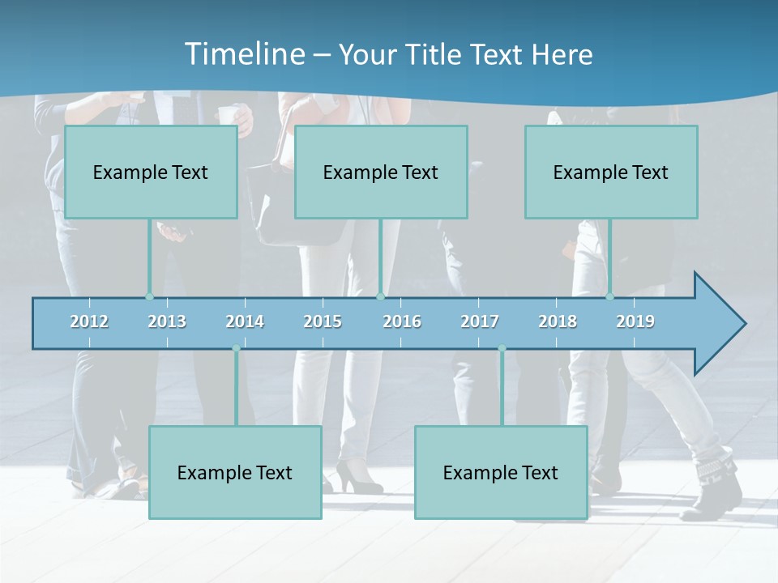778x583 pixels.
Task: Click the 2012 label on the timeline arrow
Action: (x=89, y=321)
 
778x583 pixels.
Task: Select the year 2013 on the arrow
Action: (x=167, y=321)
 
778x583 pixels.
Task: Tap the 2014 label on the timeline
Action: (x=245, y=321)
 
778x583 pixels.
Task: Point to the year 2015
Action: (x=323, y=321)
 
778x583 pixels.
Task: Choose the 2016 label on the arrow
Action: (x=402, y=321)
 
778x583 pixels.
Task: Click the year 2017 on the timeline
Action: (x=480, y=321)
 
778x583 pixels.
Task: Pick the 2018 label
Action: (x=558, y=321)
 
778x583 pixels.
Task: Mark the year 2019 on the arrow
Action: (x=635, y=321)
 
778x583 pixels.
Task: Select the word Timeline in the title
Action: (x=244, y=54)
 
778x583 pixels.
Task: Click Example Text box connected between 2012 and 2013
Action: (x=151, y=172)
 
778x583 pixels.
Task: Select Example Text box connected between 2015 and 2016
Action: (x=381, y=172)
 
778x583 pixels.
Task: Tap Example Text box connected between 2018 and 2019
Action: (x=611, y=172)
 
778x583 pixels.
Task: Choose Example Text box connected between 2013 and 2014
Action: (x=235, y=472)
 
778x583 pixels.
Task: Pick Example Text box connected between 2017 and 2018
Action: (x=501, y=472)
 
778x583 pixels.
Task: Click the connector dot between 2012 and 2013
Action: (x=149, y=296)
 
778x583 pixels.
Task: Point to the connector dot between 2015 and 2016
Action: (x=380, y=296)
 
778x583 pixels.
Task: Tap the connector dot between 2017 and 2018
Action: (x=502, y=348)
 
